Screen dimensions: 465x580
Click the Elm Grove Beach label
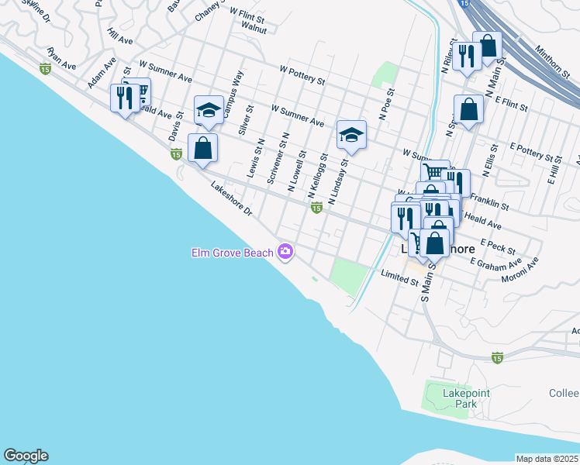pos(233,253)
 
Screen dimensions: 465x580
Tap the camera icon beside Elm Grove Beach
pos(286,251)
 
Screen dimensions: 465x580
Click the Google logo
pos(26,456)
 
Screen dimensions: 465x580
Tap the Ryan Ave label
pos(61,59)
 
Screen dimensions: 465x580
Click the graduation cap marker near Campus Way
pos(209,108)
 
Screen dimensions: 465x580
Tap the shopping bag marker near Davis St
pos(202,147)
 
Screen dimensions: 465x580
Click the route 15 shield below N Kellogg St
pos(316,208)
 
